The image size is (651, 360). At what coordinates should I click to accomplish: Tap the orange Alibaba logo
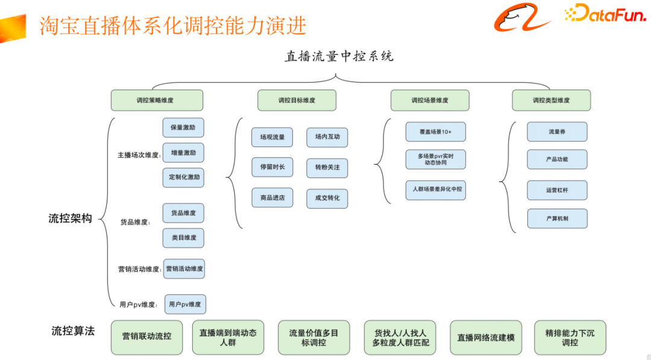pyautogui.click(x=522, y=17)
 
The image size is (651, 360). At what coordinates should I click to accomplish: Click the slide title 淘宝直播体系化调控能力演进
pyautogui.click(x=173, y=25)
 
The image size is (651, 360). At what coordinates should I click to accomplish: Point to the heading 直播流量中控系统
pyautogui.click(x=339, y=57)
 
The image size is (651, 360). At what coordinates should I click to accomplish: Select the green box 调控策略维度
pyautogui.click(x=157, y=100)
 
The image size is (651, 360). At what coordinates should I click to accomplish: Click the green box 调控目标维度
pyautogui.click(x=297, y=100)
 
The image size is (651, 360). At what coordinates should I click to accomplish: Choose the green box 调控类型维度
pyautogui.click(x=551, y=100)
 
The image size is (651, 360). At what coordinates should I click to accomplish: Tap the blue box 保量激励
pyautogui.click(x=183, y=128)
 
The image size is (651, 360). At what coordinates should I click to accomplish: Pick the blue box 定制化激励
pyautogui.click(x=183, y=178)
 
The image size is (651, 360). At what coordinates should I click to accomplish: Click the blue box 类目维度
pyautogui.click(x=183, y=238)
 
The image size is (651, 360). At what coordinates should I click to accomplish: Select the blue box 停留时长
pyautogui.click(x=272, y=167)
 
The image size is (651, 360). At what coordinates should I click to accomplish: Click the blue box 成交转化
pyautogui.click(x=327, y=198)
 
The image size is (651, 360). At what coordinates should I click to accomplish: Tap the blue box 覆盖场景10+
pyautogui.click(x=436, y=131)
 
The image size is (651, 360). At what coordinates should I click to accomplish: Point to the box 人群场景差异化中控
pyautogui.click(x=436, y=189)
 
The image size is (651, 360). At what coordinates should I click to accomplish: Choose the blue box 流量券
pyautogui.click(x=556, y=131)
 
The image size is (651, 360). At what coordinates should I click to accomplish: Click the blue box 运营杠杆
pyautogui.click(x=556, y=190)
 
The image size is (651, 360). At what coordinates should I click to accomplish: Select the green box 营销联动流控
pyautogui.click(x=146, y=336)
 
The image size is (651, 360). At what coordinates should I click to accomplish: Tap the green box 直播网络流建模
pyautogui.click(x=486, y=337)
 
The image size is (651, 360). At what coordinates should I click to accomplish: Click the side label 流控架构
pyautogui.click(x=71, y=218)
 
